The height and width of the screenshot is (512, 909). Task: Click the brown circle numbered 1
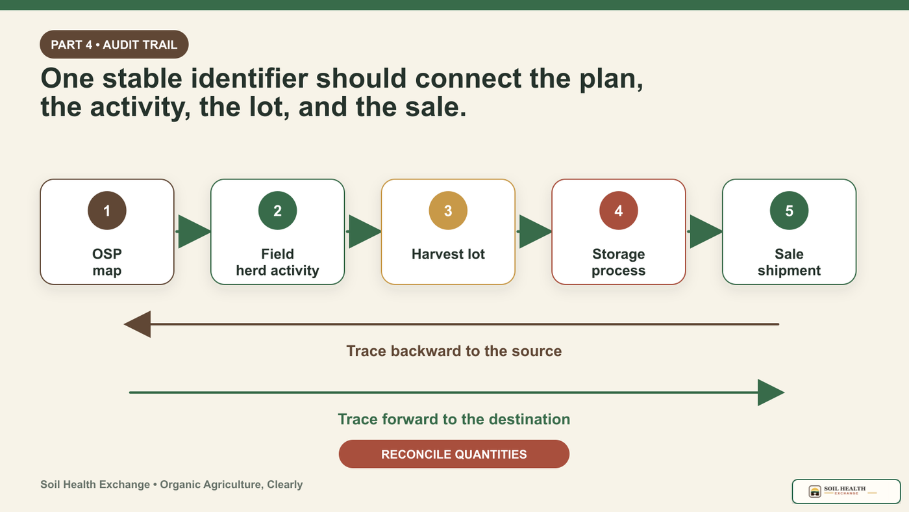(x=107, y=211)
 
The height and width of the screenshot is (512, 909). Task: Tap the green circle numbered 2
(x=278, y=211)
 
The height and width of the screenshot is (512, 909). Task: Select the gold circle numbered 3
(x=448, y=211)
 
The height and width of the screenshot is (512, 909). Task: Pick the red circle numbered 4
(x=618, y=211)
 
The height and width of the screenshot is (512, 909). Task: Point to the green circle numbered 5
(x=789, y=211)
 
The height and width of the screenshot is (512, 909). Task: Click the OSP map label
(x=107, y=262)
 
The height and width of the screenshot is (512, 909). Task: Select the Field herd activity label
(x=278, y=262)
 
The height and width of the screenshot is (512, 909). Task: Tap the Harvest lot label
(x=448, y=254)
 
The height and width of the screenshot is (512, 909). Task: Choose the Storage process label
(x=618, y=262)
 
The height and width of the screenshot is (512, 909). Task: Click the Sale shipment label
(x=789, y=262)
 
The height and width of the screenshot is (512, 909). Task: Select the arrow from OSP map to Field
(x=193, y=231)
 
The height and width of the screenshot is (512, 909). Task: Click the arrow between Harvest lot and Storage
(x=534, y=231)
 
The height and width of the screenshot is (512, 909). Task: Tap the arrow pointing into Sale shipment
(x=704, y=231)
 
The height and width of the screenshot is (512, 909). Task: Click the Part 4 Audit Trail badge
(x=114, y=44)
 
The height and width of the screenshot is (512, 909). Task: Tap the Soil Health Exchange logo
(x=846, y=491)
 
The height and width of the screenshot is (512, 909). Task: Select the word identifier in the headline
(x=249, y=78)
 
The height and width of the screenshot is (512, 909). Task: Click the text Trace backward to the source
(x=454, y=351)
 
